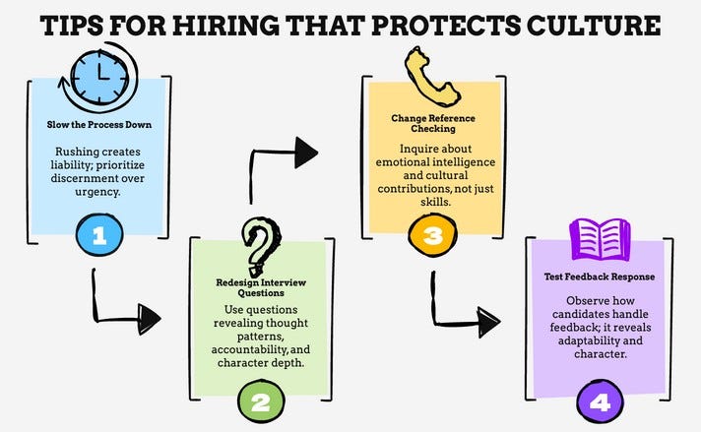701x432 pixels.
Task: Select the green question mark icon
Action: point(258,248)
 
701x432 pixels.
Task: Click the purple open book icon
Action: point(599,239)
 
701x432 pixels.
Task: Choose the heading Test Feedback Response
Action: point(601,277)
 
